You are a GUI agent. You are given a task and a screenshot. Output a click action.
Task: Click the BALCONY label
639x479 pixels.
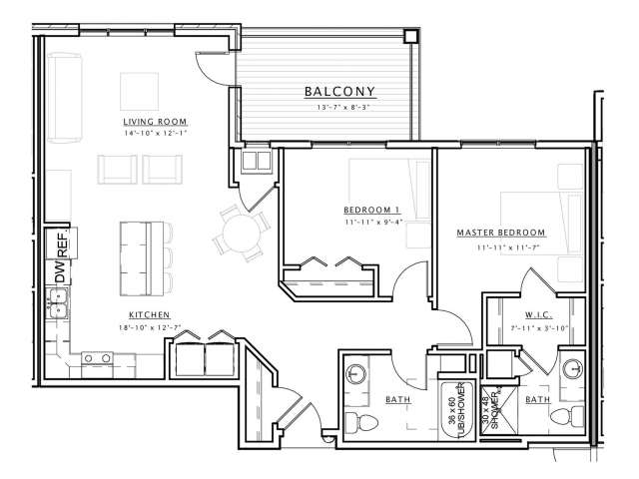coord(339,92)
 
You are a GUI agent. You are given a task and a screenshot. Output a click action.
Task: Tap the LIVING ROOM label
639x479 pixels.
coord(155,122)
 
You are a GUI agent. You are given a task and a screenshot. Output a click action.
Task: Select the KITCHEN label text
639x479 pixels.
coord(149,315)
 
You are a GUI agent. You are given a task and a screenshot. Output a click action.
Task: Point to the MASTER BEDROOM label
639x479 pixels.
coord(501,233)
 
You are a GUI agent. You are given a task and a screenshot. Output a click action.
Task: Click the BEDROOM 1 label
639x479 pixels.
coord(372,210)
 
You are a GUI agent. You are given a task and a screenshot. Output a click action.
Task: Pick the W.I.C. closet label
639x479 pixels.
coord(538,315)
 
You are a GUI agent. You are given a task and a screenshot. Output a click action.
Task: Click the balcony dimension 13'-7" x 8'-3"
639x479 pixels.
coord(339,108)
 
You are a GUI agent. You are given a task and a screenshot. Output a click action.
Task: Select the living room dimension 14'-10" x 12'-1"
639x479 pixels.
coord(156,133)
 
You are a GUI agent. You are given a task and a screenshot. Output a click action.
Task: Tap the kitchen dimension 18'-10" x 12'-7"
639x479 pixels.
coord(150,327)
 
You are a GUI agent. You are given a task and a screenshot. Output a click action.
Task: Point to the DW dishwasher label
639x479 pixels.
coord(60,272)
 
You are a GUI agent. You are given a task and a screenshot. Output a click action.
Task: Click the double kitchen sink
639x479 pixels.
coord(57,303)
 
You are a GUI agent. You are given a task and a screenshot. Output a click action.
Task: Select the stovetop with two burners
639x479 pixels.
coord(97,358)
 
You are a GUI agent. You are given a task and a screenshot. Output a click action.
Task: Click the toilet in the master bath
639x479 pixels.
coord(568,416)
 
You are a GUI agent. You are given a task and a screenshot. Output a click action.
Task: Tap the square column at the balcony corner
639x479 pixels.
coord(410,37)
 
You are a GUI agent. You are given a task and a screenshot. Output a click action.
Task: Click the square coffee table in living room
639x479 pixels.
coord(139,91)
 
